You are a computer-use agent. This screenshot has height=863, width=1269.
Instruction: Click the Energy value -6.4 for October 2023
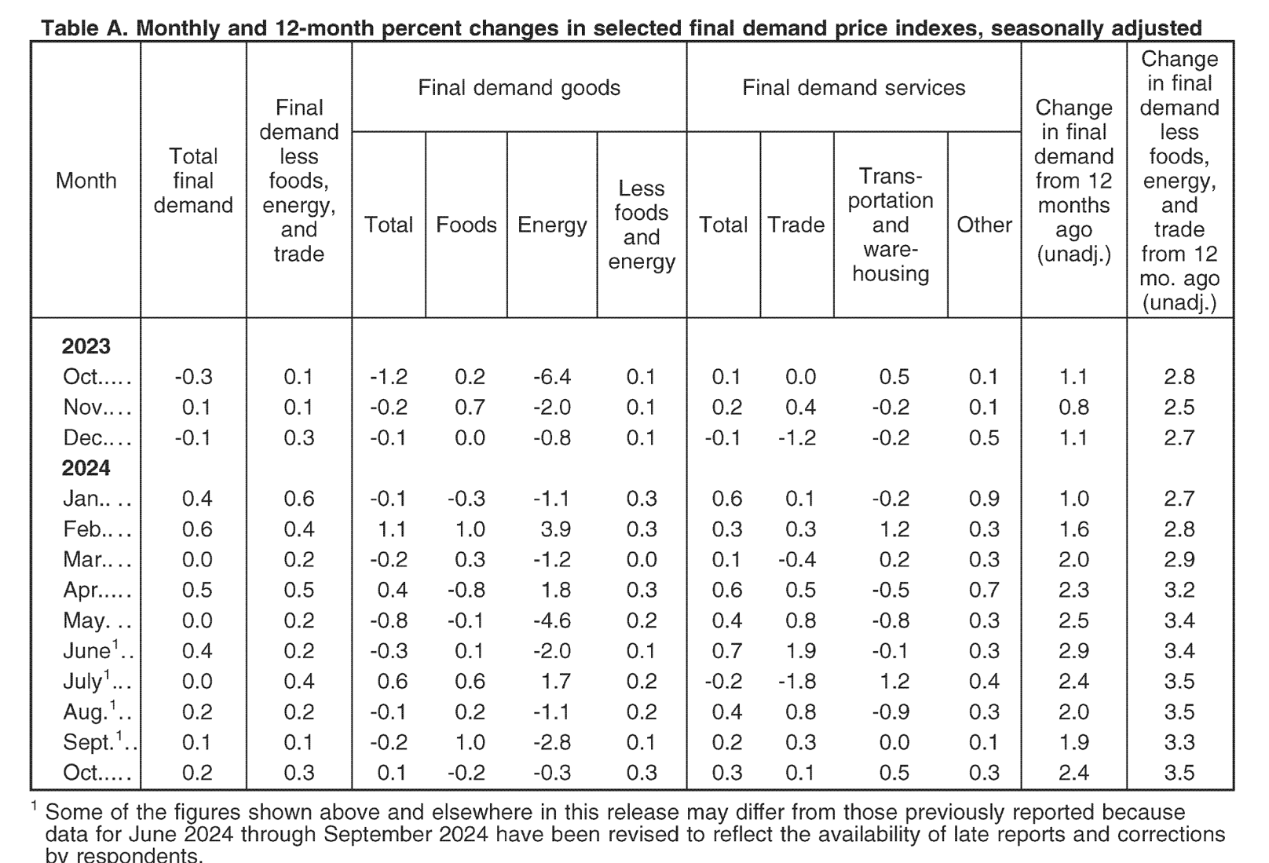pyautogui.click(x=552, y=377)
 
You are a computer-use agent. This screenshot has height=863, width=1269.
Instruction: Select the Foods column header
pyautogui.click(x=466, y=225)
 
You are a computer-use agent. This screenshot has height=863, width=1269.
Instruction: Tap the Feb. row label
pyautogui.click(x=97, y=529)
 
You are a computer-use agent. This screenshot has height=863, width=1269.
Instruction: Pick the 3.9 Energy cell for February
pyautogui.click(x=556, y=529)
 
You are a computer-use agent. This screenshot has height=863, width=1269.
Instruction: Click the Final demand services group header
pyautogui.click(x=854, y=88)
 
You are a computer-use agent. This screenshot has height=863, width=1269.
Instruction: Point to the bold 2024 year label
pyautogui.click(x=86, y=468)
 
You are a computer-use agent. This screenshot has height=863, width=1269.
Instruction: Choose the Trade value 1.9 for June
pyautogui.click(x=800, y=650)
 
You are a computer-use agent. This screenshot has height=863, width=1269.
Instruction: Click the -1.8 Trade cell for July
pyautogui.click(x=796, y=681)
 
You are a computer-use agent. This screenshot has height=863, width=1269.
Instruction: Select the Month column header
pyautogui.click(x=86, y=181)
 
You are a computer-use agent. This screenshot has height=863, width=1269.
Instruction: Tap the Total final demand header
pyautogui.click(x=193, y=181)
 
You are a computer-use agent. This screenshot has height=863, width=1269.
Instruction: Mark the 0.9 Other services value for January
pyautogui.click(x=984, y=499)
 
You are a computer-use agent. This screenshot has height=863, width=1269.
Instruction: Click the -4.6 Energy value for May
pyautogui.click(x=552, y=620)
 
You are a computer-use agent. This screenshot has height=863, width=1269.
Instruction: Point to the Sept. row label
pyautogui.click(x=99, y=741)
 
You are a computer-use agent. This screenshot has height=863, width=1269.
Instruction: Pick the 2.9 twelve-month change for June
pyautogui.click(x=1073, y=650)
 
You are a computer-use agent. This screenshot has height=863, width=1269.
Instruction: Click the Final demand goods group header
pyautogui.click(x=519, y=88)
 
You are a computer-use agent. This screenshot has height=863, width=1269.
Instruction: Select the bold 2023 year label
pyautogui.click(x=86, y=346)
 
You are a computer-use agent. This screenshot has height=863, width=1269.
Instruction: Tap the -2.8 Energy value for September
pyautogui.click(x=552, y=742)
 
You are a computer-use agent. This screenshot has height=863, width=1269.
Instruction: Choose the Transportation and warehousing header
pyautogui.click(x=890, y=225)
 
